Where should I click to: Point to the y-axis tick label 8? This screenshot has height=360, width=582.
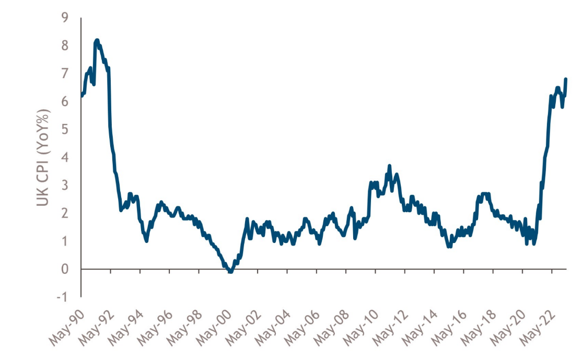64,46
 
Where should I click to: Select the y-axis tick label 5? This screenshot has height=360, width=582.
64,130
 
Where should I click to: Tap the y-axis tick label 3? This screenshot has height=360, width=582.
64,185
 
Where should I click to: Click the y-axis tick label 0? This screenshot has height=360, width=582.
64,269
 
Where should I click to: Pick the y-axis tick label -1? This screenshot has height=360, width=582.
62,297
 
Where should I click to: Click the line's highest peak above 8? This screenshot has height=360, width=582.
97,40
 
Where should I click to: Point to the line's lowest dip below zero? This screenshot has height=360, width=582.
230,272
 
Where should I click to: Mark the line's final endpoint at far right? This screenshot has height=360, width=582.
566,79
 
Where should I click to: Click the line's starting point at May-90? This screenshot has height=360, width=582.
82,96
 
